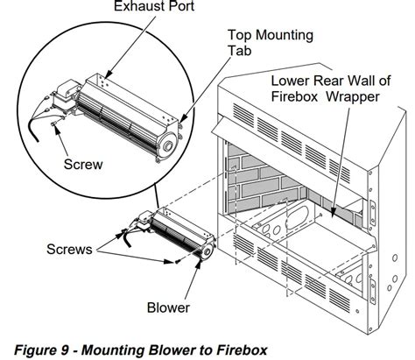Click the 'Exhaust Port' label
[154, 6]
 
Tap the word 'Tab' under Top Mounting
[240, 51]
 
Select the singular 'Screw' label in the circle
[83, 165]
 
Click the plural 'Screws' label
[69, 250]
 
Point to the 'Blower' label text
[168, 307]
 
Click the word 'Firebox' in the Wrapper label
[294, 96]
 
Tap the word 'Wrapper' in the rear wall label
[353, 96]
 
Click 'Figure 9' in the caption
[41, 349]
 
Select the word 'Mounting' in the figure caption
[120, 349]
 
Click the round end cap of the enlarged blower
[167, 145]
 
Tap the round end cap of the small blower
[207, 251]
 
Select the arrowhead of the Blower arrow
[200, 262]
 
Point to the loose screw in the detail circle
[53, 124]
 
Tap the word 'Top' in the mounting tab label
[239, 35]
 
